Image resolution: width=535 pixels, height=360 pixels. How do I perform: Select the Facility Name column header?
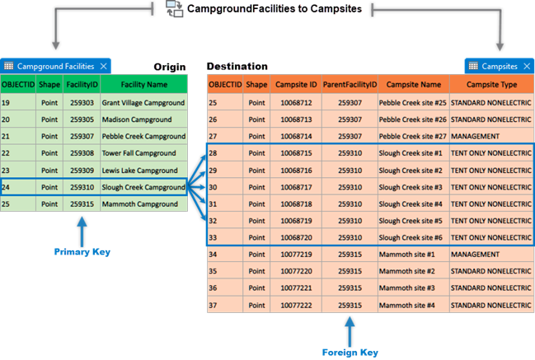pos(144,84)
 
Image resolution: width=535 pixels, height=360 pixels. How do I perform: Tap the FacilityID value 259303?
pos(81,103)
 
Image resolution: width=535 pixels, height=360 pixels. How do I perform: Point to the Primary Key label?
pos(82,252)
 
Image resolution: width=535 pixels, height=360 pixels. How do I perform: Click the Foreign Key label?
pos(350,352)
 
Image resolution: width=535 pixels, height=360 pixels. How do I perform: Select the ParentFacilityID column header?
pos(350,84)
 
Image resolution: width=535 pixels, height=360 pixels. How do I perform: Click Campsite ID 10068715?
pos(296,153)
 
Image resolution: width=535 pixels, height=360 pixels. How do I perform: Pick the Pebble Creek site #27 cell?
pos(412,136)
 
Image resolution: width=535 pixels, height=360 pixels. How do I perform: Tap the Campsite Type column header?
pos(491,84)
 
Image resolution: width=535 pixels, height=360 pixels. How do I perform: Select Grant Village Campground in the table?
pos(143,103)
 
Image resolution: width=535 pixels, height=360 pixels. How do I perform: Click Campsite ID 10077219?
pos(296,255)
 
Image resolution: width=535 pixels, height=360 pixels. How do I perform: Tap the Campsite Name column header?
pos(413,84)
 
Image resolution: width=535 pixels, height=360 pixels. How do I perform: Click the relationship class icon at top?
pos(174,8)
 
